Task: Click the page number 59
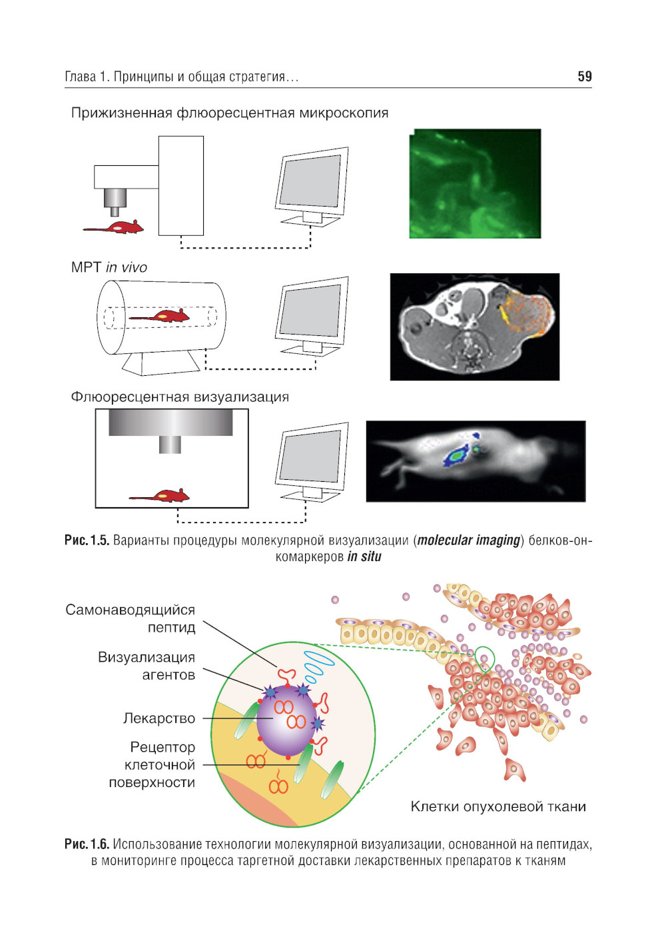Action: click(584, 77)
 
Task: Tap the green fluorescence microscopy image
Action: click(475, 183)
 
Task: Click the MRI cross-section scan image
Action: click(474, 327)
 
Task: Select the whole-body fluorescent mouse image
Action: click(476, 461)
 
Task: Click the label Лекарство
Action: click(159, 718)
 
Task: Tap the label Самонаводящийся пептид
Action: click(131, 618)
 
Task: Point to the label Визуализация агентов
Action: click(147, 666)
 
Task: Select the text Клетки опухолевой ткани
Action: click(498, 806)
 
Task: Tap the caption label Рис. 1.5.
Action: click(87, 540)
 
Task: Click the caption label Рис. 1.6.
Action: click(87, 844)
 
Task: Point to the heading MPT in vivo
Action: click(109, 267)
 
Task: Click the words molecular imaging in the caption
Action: click(469, 540)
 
